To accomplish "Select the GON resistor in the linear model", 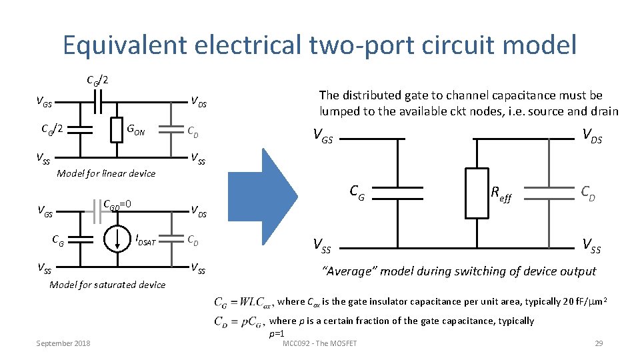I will (x=117, y=129).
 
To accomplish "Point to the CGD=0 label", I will (x=117, y=204).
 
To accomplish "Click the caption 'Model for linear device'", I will (x=106, y=173).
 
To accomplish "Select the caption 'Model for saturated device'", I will (x=107, y=285).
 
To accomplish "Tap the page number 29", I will (x=598, y=343).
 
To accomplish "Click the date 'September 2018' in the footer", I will (x=64, y=343).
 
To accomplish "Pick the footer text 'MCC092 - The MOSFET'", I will (x=320, y=343).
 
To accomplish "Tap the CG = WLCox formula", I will (x=242, y=302).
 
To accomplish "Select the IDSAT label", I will (x=145, y=239).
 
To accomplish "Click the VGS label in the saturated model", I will (x=45, y=214).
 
